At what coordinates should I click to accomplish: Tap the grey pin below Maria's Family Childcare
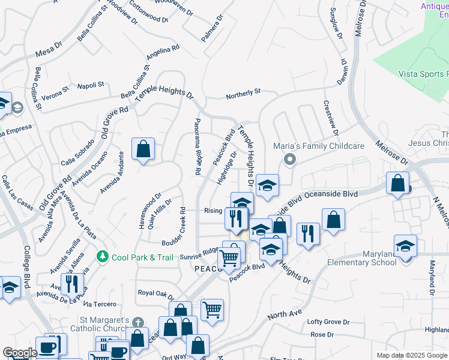point(290,160)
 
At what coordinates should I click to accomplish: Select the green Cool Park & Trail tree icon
point(103,257)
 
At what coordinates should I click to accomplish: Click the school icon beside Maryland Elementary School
point(405,246)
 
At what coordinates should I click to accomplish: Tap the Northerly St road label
point(243,94)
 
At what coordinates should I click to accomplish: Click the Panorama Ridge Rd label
point(197,146)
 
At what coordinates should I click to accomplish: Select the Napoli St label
point(91,85)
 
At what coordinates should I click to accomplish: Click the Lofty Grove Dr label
point(328,322)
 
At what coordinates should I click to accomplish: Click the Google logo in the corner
point(20,353)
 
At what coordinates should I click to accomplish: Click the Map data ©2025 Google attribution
point(411,355)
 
